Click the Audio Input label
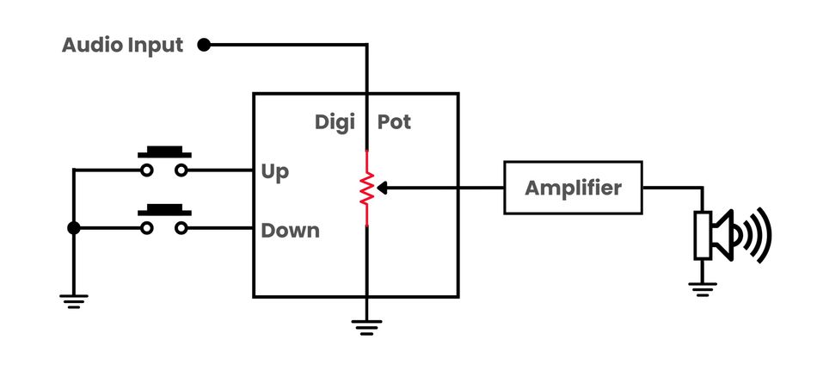(122, 45)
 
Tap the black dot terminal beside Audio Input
(204, 45)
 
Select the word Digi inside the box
(335, 122)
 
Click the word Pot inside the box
(394, 122)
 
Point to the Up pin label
(275, 171)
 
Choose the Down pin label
(290, 230)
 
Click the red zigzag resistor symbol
(367, 188)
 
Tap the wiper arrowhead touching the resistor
(383, 187)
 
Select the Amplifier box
(573, 187)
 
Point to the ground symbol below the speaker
(703, 289)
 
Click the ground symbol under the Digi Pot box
(367, 325)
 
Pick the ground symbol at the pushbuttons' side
(73, 300)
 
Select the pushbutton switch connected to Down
(164, 220)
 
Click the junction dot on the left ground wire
(73, 228)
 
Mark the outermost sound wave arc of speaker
(764, 234)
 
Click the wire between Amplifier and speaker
(675, 188)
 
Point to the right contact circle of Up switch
(181, 170)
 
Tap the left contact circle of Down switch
(147, 228)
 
